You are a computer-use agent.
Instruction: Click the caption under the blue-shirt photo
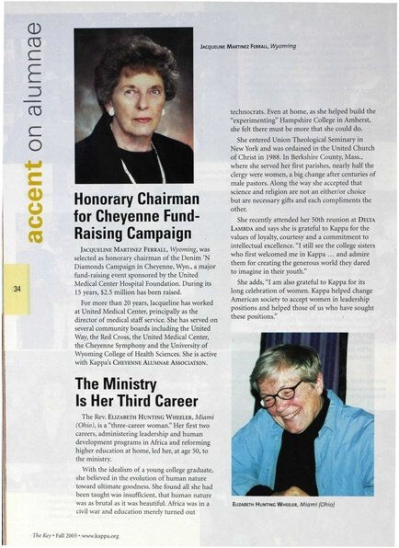282,505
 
